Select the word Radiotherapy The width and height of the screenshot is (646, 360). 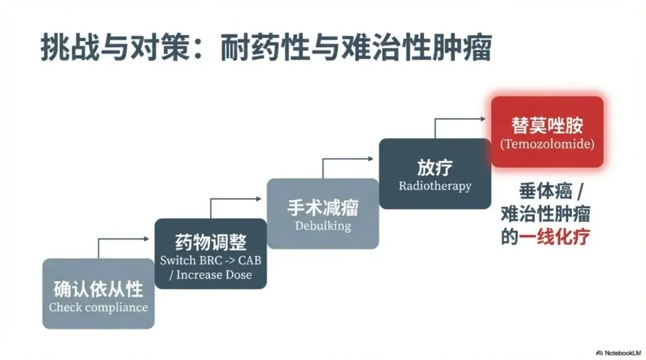(x=435, y=186)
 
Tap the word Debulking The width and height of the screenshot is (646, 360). (x=322, y=226)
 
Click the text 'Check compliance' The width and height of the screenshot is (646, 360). (x=98, y=307)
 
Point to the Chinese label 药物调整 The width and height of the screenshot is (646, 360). (x=211, y=243)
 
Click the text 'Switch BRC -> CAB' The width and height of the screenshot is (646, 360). (x=211, y=261)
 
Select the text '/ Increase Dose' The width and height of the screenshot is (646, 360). (x=211, y=275)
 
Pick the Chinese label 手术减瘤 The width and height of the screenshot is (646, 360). (x=322, y=208)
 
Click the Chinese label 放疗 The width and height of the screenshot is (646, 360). (x=435, y=167)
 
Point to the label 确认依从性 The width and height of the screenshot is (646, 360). (x=98, y=289)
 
